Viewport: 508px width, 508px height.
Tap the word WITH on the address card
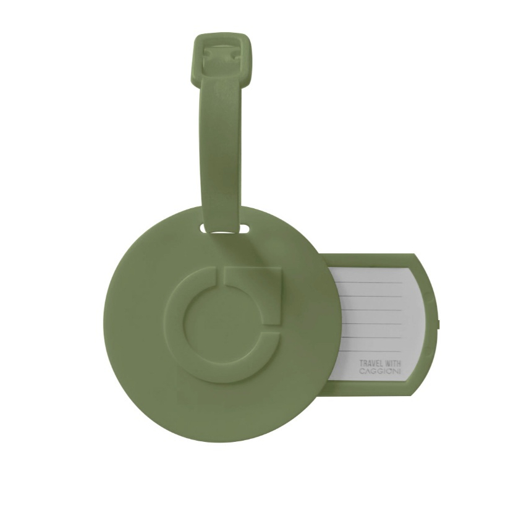(392, 363)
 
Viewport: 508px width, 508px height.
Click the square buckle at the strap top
(223, 62)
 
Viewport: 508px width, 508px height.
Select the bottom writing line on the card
(372, 351)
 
